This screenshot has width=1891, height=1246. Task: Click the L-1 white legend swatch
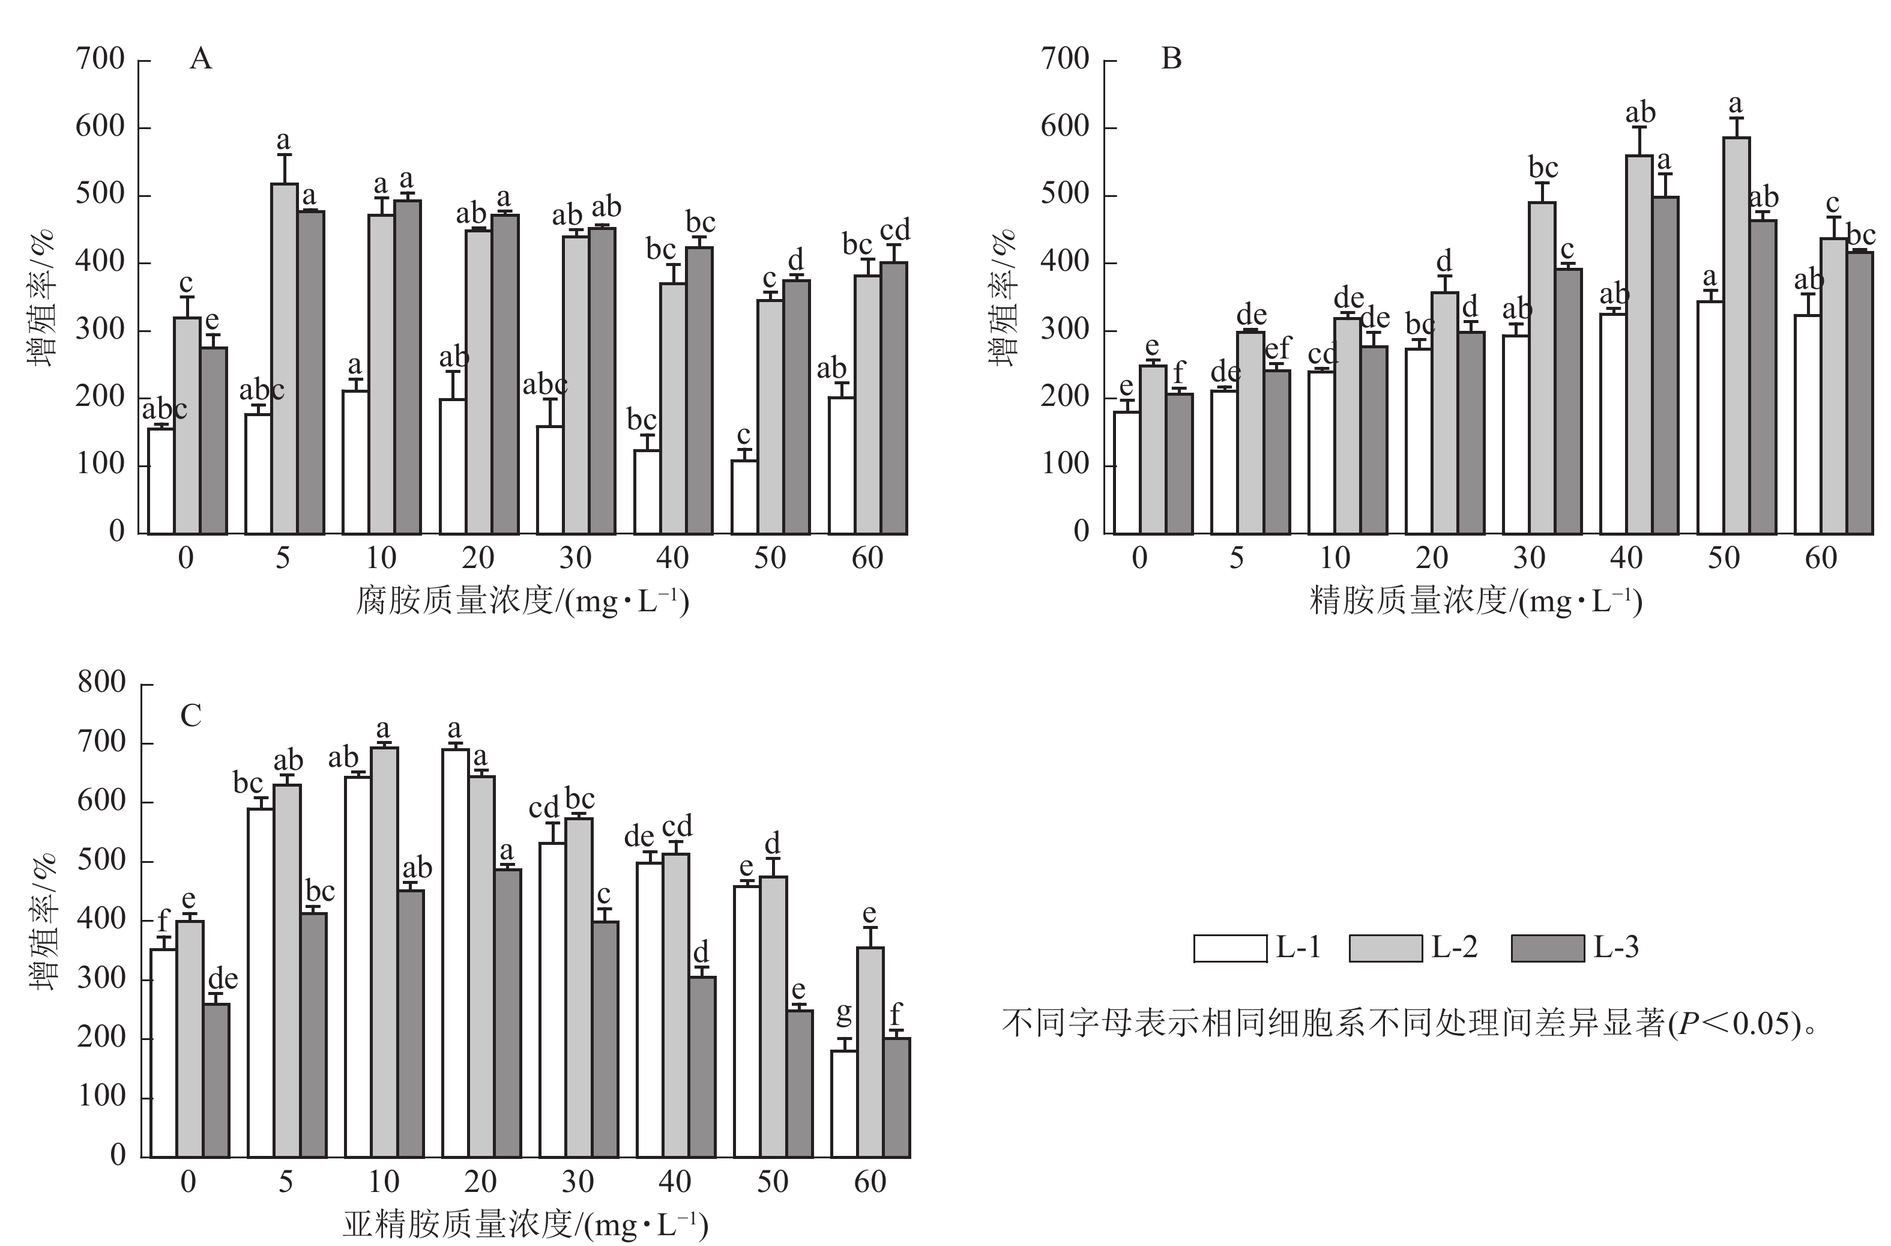(x=1230, y=948)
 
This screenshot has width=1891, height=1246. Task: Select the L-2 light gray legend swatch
(x=1385, y=948)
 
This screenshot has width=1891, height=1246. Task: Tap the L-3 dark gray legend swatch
(x=1547, y=948)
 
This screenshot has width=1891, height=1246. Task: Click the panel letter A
(x=201, y=59)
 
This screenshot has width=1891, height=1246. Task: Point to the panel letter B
(x=1171, y=59)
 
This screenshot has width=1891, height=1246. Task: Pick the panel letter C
(x=191, y=716)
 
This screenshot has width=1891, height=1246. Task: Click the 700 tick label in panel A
(x=100, y=59)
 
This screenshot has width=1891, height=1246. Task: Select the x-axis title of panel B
(x=1476, y=602)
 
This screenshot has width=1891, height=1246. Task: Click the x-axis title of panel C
(x=525, y=1224)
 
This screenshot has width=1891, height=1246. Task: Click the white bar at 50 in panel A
(x=744, y=497)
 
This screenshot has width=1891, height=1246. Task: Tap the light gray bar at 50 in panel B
(x=1736, y=334)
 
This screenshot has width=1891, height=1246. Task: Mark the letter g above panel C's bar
(x=844, y=1012)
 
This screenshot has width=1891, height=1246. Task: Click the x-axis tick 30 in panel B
(x=1528, y=558)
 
